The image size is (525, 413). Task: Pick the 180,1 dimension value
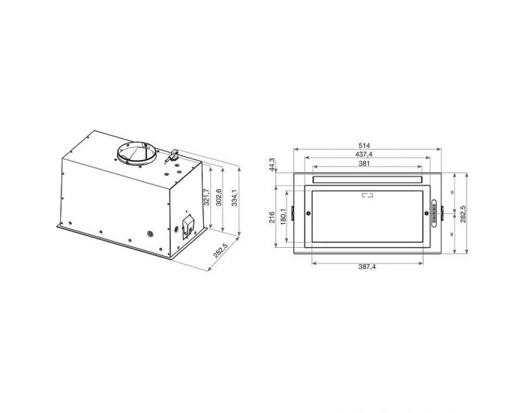283,216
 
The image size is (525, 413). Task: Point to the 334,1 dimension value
234,200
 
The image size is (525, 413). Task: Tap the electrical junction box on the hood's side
185,224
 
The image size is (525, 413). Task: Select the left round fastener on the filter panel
309,213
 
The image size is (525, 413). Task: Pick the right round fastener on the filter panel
426,213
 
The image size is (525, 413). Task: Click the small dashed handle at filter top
367,196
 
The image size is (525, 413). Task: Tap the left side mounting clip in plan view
292,214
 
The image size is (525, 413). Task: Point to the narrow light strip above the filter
367,180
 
